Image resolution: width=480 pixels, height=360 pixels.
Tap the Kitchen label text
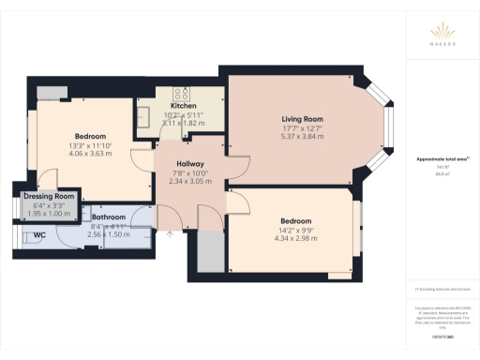tap(183, 106)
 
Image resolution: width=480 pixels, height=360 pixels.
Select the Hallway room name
tap(190, 164)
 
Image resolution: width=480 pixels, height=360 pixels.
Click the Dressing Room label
tap(43, 196)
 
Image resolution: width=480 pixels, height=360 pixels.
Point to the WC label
tap(39, 234)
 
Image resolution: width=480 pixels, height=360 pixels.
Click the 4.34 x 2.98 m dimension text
tap(292, 239)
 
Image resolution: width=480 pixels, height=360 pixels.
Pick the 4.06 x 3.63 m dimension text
tap(91, 155)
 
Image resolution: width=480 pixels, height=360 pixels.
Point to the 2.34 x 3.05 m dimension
tap(190, 183)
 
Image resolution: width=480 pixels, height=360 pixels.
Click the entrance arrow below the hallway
tap(170, 235)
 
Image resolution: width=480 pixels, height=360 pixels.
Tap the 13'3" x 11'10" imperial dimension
tap(91, 146)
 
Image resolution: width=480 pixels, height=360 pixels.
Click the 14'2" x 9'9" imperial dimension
tap(292, 230)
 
